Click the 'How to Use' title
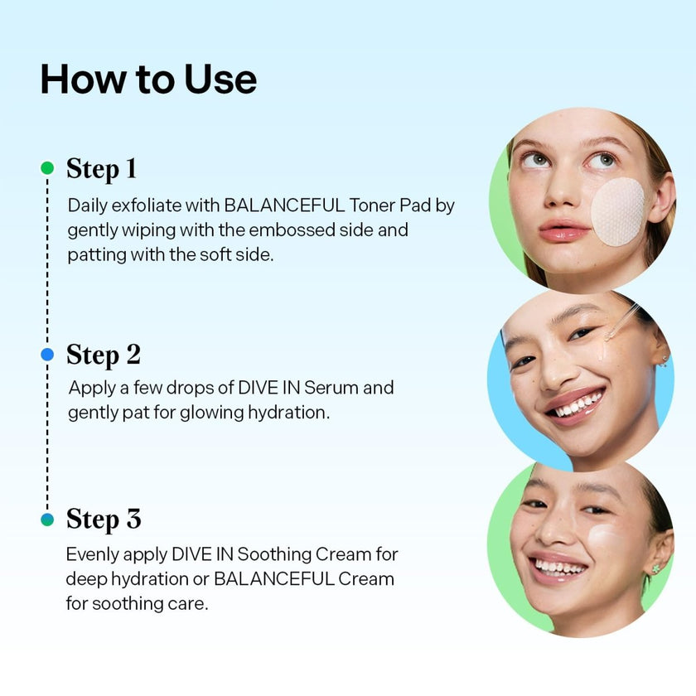coord(148,80)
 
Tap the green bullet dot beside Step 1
coord(47,167)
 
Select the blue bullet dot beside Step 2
coord(47,355)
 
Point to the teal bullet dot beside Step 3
coord(47,519)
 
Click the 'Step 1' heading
coord(101,169)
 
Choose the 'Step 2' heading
coord(104,355)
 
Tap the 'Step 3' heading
coord(104,520)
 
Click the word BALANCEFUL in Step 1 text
coord(284,205)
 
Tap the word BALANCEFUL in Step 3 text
coord(274,579)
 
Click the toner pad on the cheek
coord(617,211)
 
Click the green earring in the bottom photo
coord(655,568)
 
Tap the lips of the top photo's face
coord(563,230)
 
